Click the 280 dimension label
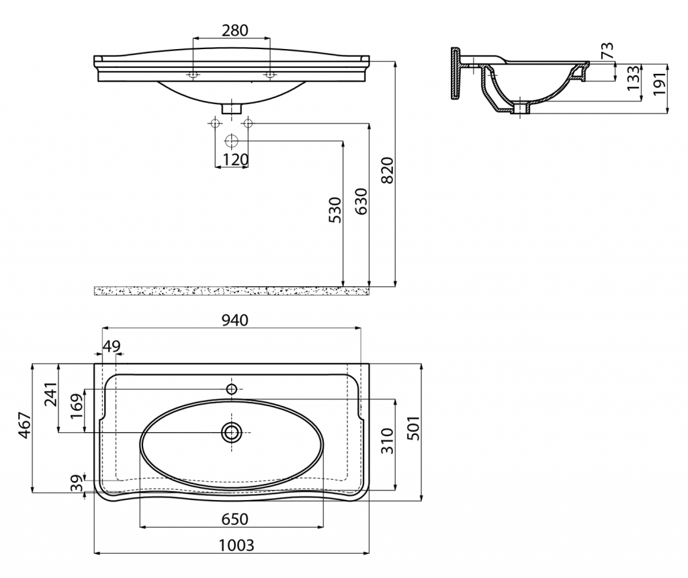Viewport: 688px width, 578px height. tap(234, 30)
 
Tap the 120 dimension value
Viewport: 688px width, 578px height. tap(235, 159)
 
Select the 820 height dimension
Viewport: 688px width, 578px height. tap(388, 170)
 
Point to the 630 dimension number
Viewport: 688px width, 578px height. tap(361, 202)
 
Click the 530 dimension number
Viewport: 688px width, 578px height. tap(335, 210)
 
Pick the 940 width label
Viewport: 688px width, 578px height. tap(234, 321)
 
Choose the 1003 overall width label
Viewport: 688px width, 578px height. tap(236, 545)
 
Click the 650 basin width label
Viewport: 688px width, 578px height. tap(234, 519)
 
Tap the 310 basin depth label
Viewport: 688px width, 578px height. tap(387, 441)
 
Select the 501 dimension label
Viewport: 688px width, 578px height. tap(413, 428)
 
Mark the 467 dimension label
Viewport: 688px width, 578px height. tap(25, 425)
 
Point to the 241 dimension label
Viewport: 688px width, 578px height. tap(50, 395)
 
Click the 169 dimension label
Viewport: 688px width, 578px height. tap(77, 407)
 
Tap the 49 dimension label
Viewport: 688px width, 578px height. tap(112, 346)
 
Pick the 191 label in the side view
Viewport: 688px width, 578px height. tap(660, 83)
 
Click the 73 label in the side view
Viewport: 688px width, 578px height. tap(607, 51)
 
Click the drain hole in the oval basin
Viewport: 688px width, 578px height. tap(231, 433)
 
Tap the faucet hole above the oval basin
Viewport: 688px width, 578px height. tap(232, 389)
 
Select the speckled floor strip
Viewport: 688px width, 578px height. tap(232, 290)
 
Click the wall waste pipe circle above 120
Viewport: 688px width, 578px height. tap(231, 141)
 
